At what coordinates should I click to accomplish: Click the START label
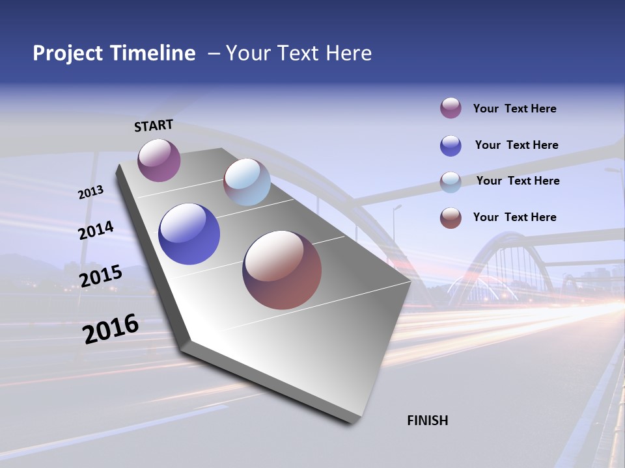pyautogui.click(x=154, y=125)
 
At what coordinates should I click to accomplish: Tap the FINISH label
pyautogui.click(x=427, y=421)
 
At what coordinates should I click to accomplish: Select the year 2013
pyautogui.click(x=90, y=192)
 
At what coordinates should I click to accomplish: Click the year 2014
pyautogui.click(x=96, y=231)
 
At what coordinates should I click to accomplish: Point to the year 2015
pyautogui.click(x=100, y=276)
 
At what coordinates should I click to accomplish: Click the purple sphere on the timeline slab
pyautogui.click(x=159, y=161)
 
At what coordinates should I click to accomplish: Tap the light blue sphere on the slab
pyautogui.click(x=247, y=182)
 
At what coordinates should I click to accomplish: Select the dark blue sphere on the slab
pyautogui.click(x=189, y=234)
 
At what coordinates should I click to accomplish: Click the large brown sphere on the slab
pyautogui.click(x=282, y=270)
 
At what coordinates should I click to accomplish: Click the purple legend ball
pyautogui.click(x=451, y=109)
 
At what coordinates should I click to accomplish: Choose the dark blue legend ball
pyautogui.click(x=451, y=146)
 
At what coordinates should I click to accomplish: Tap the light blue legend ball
pyautogui.click(x=451, y=182)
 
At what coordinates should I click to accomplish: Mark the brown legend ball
pyautogui.click(x=451, y=218)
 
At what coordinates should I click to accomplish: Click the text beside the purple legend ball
pyautogui.click(x=514, y=109)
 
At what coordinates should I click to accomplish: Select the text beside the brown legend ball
pyautogui.click(x=514, y=217)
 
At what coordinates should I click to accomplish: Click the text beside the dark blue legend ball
pyautogui.click(x=516, y=145)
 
